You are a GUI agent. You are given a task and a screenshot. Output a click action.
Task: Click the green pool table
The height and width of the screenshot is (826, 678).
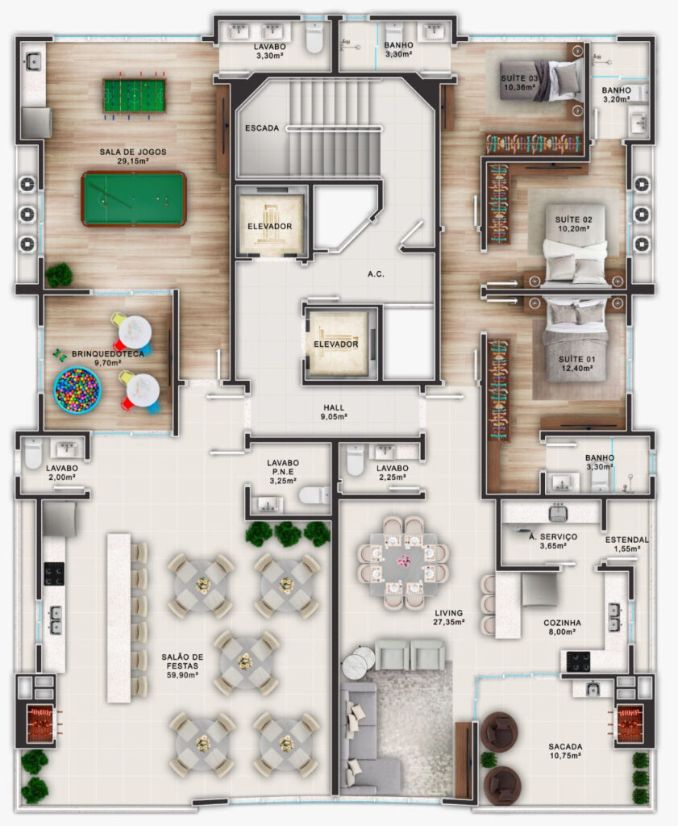point(134,198)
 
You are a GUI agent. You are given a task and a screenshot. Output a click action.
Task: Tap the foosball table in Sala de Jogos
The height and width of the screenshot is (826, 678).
point(135,95)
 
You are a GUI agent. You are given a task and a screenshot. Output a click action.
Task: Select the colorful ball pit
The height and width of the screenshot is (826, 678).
point(77,390)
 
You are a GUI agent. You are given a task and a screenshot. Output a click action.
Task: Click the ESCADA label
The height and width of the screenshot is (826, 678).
point(262,128)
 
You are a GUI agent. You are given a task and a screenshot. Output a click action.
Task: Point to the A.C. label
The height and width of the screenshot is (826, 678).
point(376,274)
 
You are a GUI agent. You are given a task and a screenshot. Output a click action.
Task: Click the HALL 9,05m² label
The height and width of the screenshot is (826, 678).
point(334,412)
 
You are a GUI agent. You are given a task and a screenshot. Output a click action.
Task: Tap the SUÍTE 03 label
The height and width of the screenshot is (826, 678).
point(519,78)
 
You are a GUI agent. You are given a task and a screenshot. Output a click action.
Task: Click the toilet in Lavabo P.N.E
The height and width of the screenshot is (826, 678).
point(314,494)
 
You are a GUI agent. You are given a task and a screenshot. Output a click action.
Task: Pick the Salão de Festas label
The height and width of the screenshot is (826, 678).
point(182,661)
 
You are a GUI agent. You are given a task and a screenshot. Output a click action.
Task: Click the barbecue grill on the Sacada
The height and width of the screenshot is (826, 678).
point(630,724)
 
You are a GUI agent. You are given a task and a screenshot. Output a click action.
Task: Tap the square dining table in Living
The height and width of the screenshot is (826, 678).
point(403,564)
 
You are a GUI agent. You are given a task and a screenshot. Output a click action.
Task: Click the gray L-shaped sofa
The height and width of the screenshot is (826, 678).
point(364,737)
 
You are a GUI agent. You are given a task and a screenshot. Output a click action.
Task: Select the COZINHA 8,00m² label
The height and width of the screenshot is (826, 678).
point(562,627)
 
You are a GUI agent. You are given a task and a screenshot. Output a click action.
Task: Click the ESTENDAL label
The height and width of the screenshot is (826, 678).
point(627,540)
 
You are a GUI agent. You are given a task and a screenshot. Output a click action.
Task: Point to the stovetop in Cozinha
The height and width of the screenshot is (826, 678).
point(578,661)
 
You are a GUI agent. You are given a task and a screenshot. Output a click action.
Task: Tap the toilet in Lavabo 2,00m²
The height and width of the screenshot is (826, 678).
point(32,453)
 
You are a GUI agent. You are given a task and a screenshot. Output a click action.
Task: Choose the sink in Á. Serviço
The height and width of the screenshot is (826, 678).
point(557,512)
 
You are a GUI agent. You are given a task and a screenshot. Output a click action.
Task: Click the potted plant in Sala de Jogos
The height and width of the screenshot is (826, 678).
point(59,275)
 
